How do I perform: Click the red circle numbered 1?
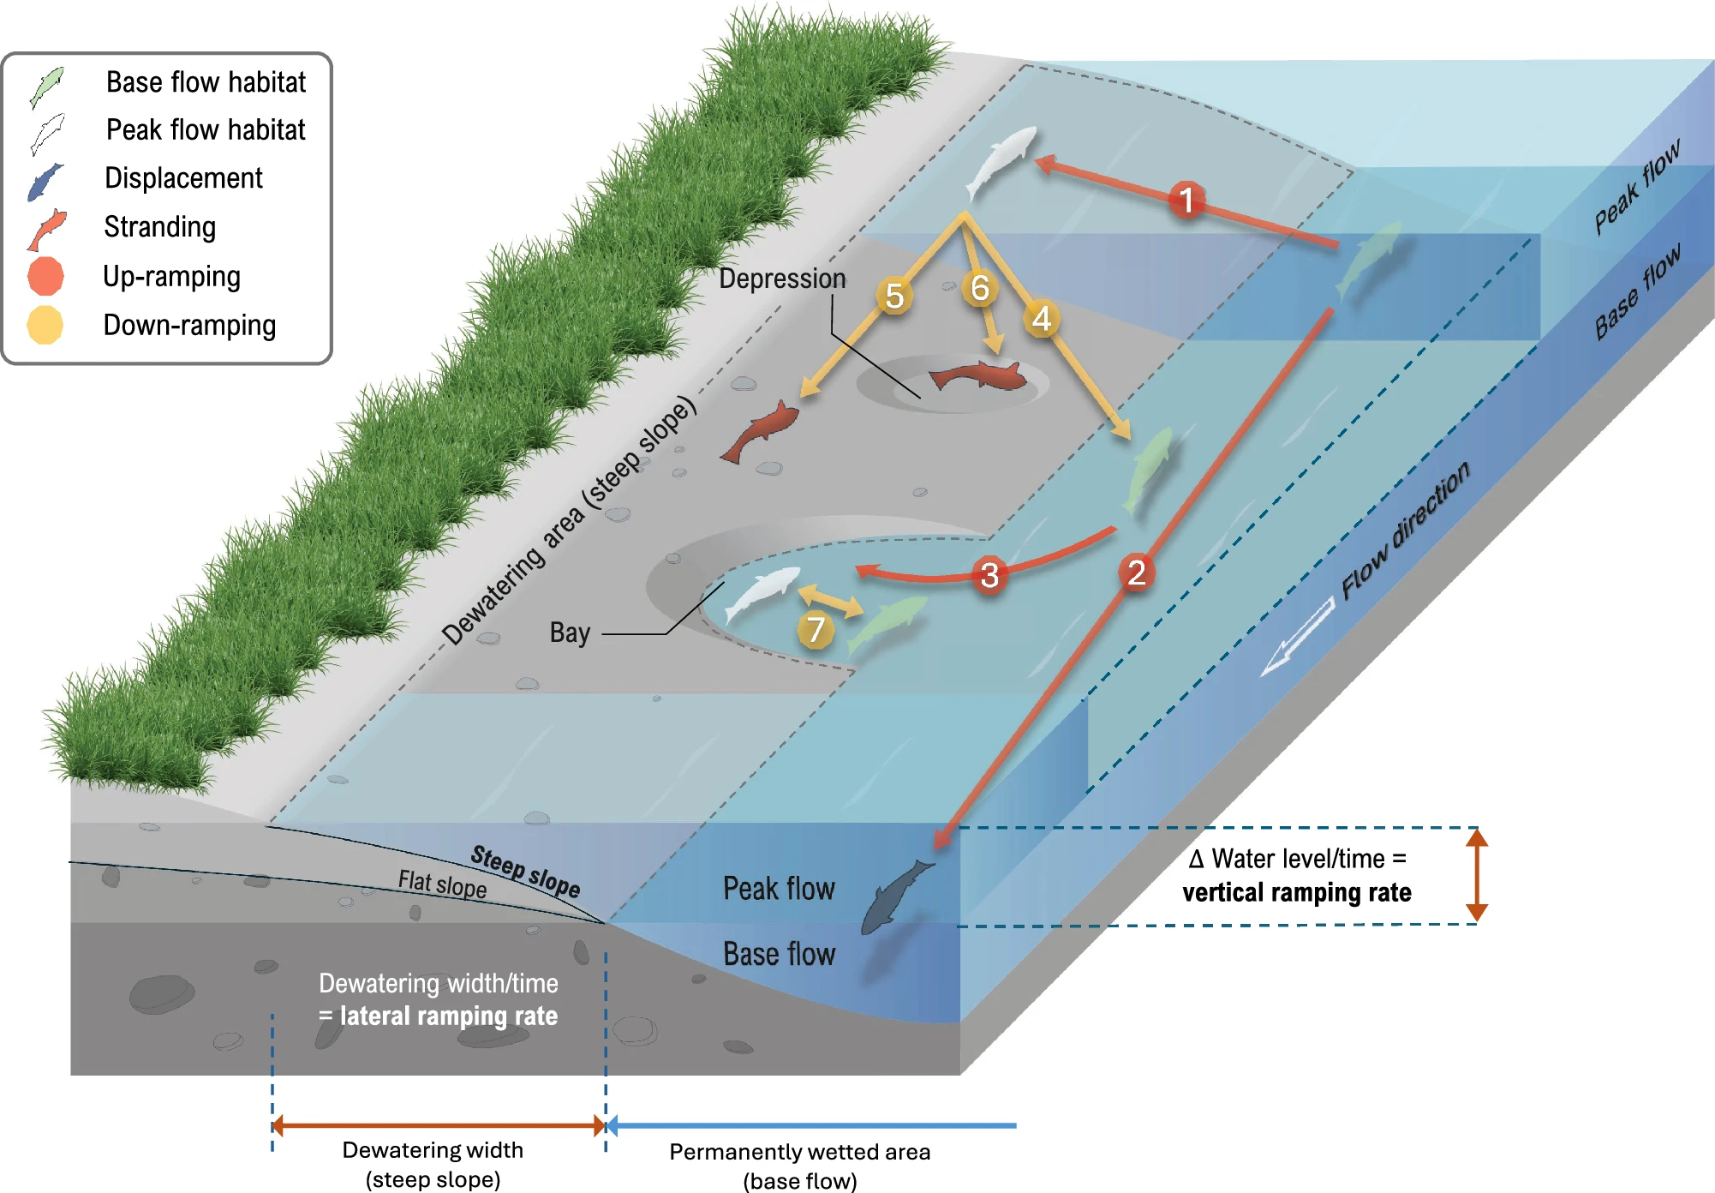point(1186,200)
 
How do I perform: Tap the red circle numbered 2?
point(1137,573)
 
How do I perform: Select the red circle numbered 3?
point(989,575)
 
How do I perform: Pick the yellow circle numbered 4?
point(1042,319)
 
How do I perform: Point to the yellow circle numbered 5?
point(894,296)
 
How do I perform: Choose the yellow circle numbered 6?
point(980,288)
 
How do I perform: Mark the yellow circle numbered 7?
point(816,630)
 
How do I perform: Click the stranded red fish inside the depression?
point(978,375)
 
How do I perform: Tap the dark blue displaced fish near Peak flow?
point(897,896)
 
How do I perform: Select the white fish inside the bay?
point(762,593)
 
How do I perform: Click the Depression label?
point(782,279)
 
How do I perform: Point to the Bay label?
point(570,632)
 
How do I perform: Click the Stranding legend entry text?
point(160,227)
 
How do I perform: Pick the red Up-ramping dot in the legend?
point(45,276)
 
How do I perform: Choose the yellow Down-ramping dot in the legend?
point(45,325)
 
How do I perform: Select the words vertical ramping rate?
point(1297,893)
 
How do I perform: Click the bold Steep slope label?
point(526,871)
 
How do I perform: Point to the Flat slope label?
point(442,884)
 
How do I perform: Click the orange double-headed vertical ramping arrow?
point(1476,875)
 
